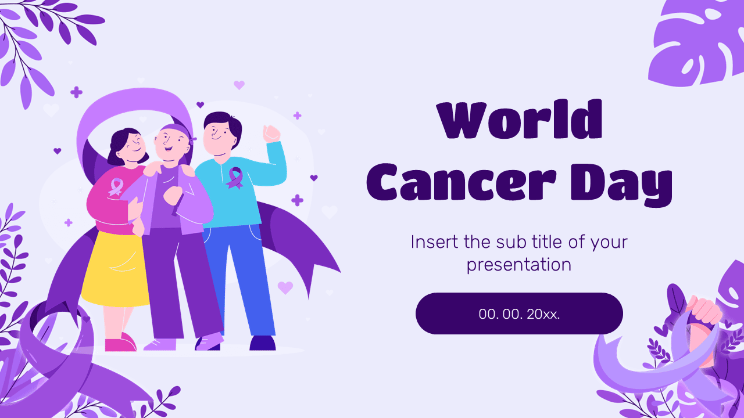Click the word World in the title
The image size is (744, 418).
[x=520, y=120]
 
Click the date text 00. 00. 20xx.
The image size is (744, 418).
[x=519, y=314]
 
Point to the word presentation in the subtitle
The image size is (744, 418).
[x=519, y=265]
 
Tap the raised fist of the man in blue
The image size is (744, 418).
[x=271, y=134]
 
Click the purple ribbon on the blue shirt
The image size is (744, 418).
[x=235, y=178]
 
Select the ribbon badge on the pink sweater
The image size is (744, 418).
[x=116, y=186]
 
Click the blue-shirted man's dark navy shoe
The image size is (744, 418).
[x=262, y=343]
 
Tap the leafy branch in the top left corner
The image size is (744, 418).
[x=41, y=41]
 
